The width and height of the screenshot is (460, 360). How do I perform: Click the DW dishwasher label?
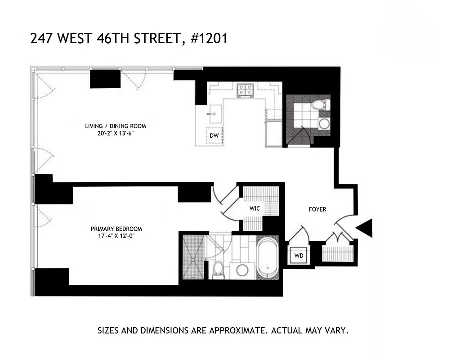[x=214, y=135]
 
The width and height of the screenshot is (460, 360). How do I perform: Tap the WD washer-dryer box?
[x=299, y=256]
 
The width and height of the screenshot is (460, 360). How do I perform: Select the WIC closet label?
[x=255, y=209]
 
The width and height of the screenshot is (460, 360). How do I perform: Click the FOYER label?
[x=317, y=209]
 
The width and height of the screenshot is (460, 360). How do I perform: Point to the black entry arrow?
[x=365, y=228]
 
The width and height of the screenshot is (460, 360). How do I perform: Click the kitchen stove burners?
[x=246, y=90]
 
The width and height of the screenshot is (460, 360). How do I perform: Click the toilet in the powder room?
[x=320, y=105]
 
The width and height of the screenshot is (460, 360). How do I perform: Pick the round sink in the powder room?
[x=323, y=124]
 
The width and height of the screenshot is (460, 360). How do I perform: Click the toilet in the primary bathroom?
[x=218, y=270]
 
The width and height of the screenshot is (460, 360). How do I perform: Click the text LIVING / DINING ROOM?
[x=116, y=126]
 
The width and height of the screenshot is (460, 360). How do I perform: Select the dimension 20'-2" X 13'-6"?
[x=116, y=134]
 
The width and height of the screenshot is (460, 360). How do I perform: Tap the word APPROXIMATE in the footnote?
[x=236, y=331]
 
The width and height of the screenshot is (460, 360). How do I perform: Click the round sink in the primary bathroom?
[x=243, y=270]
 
